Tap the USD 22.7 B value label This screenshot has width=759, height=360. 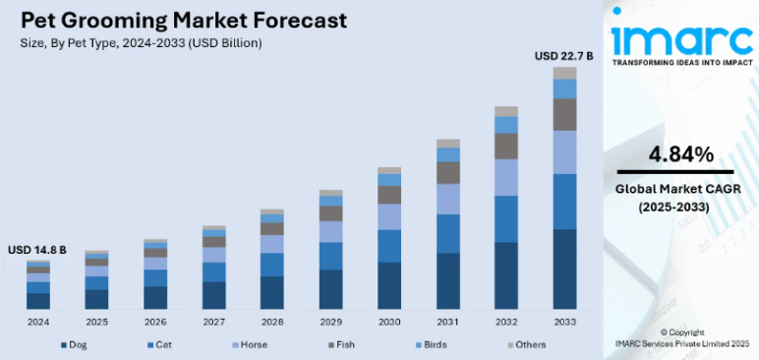pos(563,56)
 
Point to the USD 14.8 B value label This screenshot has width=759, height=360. pos(37,250)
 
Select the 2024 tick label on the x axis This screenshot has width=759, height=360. pos(38,322)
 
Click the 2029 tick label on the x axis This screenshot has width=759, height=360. pos(330,322)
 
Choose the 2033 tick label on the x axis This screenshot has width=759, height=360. pos(563,322)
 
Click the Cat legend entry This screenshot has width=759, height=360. pos(161,344)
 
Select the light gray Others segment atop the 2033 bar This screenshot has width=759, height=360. pos(564,73)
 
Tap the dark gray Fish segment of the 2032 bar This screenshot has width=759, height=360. pos(506,146)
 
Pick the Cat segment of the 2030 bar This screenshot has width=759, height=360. pos(389,246)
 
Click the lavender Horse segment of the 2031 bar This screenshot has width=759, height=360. pos(448,199)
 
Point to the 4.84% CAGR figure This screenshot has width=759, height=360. pos(680,153)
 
